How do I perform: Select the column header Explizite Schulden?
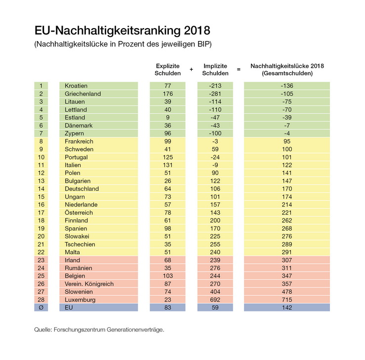(167, 70)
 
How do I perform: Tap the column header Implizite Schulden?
(215, 70)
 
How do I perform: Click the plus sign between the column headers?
(191, 70)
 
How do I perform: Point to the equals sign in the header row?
(239, 70)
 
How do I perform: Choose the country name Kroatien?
(76, 86)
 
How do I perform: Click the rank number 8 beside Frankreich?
(41, 141)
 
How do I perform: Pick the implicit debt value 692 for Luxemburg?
(215, 299)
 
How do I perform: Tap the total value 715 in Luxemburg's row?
(287, 299)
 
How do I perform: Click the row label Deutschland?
(82, 189)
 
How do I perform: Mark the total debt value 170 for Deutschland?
(287, 189)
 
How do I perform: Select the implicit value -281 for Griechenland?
(215, 94)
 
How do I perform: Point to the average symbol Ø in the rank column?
(41, 307)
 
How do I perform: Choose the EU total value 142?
(287, 307)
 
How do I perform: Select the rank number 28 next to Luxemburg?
(41, 299)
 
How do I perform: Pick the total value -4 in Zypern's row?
(287, 133)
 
